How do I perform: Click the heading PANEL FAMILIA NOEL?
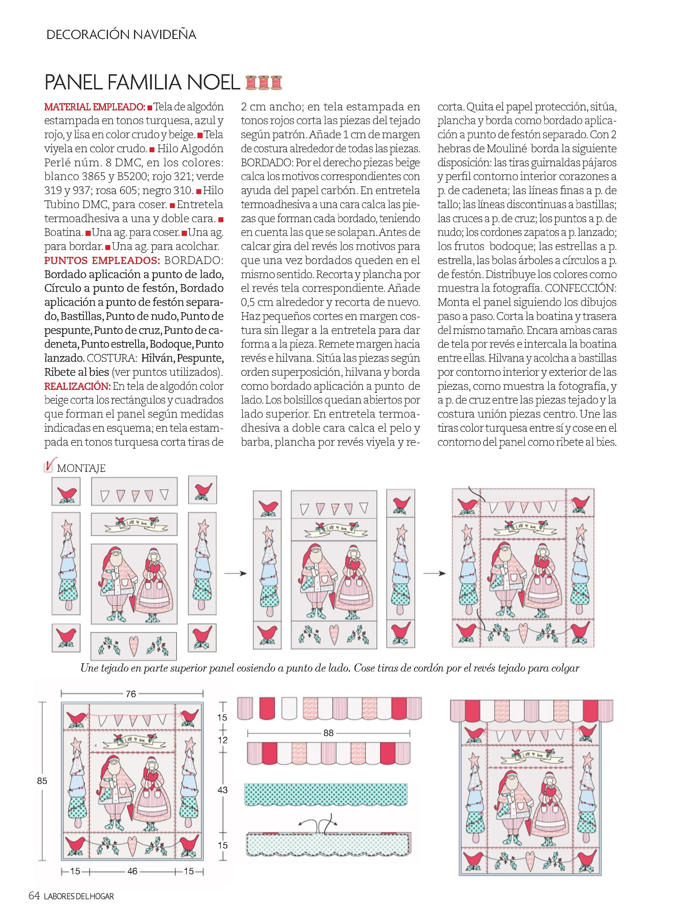coord(142,82)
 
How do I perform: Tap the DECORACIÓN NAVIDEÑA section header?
coord(121,34)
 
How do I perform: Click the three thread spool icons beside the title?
coord(264,82)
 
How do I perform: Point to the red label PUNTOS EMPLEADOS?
coord(102,260)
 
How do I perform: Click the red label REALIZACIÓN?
coord(78,386)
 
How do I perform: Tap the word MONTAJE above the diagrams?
coord(81,468)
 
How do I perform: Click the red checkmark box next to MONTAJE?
coord(49,466)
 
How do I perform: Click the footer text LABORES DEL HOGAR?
coord(79,896)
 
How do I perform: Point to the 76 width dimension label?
coord(131,694)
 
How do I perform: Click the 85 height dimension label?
coord(42,780)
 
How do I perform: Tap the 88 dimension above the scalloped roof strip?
coord(328,733)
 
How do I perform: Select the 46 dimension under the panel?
coord(132,871)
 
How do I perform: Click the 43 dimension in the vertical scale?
coord(222,790)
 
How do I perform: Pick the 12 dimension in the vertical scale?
coord(222,740)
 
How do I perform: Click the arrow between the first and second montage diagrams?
coord(236,573)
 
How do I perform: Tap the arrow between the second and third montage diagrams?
coord(435,573)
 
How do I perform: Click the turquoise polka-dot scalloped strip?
coord(326,794)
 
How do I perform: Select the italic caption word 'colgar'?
coord(565,668)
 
